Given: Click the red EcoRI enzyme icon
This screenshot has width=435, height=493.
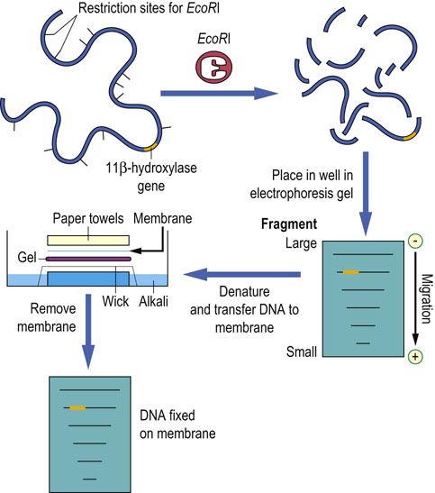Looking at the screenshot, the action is coord(213,68).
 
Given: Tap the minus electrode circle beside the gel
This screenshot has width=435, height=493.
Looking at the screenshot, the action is coord(415,242).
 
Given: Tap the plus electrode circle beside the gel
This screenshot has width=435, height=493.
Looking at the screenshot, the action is coord(415,357).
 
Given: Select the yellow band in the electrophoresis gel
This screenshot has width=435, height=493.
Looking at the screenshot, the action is coord(350,272).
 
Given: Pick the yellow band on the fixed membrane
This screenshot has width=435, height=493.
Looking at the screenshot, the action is coord(77,407).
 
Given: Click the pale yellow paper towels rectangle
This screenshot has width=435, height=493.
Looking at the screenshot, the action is coord(88,241).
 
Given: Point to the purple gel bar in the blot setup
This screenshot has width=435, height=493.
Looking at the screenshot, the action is coord(88,259).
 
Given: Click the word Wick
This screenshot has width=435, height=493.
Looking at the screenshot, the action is coord(115,301).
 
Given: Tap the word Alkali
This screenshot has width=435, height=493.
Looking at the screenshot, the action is coord(153,301).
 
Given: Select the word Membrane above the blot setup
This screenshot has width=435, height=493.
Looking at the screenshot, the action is coord(162,218).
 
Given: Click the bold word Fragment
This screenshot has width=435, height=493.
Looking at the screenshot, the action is coord(289,224).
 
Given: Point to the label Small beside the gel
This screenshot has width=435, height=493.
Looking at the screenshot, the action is coord(301,351).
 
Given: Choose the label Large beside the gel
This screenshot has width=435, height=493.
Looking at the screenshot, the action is coord(301,243).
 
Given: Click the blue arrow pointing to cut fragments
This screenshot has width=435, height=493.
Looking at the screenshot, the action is coord(219,93).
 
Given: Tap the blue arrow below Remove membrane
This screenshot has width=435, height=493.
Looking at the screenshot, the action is coord(88,332).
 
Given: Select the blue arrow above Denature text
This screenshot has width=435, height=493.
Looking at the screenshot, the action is coord(242,274).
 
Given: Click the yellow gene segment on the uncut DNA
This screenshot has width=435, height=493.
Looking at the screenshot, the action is coord(150,147).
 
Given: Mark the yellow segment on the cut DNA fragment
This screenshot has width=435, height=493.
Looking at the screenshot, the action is coord(410,136).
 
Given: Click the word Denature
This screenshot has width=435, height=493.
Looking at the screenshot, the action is coord(244,292).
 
